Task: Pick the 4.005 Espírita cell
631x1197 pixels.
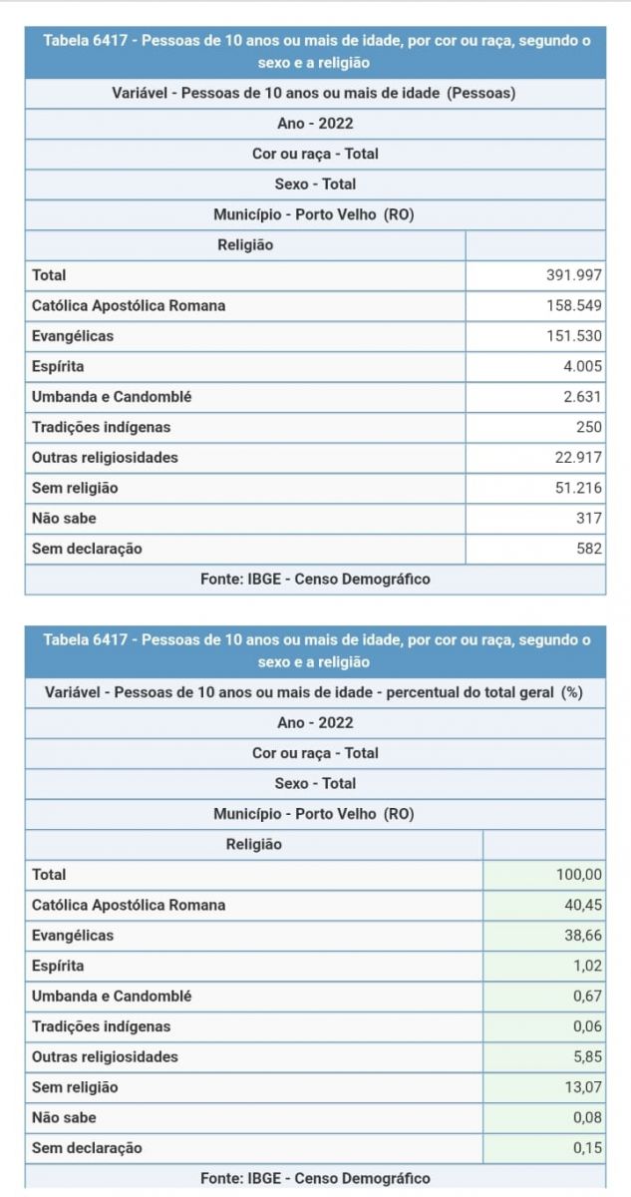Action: pyautogui.click(x=581, y=367)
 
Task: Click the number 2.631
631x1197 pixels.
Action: pyautogui.click(x=581, y=397)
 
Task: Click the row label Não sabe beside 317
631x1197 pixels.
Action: pyautogui.click(x=65, y=519)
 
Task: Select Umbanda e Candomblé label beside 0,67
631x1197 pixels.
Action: pyautogui.click(x=112, y=997)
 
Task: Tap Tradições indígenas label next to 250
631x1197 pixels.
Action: pyautogui.click(x=102, y=428)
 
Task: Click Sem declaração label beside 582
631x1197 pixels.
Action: pyautogui.click(x=87, y=549)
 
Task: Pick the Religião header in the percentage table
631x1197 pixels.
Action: pyautogui.click(x=254, y=845)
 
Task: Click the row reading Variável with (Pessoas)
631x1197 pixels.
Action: pyautogui.click(x=315, y=94)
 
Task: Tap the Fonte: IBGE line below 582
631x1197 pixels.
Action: pyautogui.click(x=315, y=580)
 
